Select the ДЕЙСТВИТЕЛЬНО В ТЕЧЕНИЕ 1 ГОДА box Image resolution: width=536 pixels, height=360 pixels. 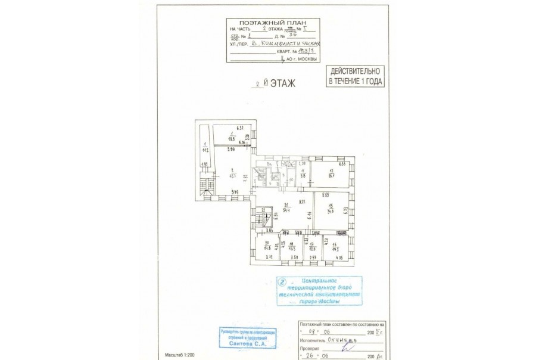click(x=356, y=76)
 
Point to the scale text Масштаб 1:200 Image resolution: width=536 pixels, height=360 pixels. click(x=176, y=355)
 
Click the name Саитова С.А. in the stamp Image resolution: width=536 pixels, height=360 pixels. click(x=240, y=344)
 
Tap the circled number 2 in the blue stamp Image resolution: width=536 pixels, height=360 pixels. click(x=283, y=283)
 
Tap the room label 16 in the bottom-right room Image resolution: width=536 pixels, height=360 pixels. click(x=335, y=249)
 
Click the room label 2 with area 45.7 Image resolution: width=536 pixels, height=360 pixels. click(x=229, y=173)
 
